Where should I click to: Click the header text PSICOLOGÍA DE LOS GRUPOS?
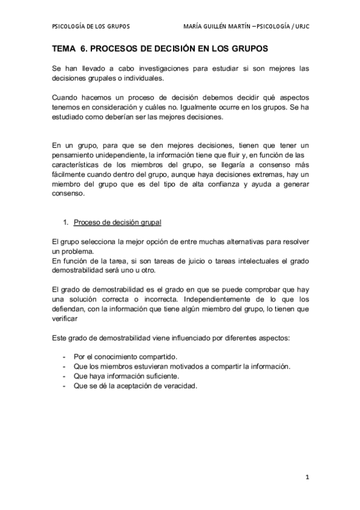coord(91,27)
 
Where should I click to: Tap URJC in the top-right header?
coord(299,27)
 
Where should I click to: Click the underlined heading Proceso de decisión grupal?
coord(117,222)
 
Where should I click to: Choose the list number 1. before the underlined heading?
coord(67,222)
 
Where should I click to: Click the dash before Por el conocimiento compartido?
coord(64,357)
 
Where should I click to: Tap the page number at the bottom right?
coord(307,478)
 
